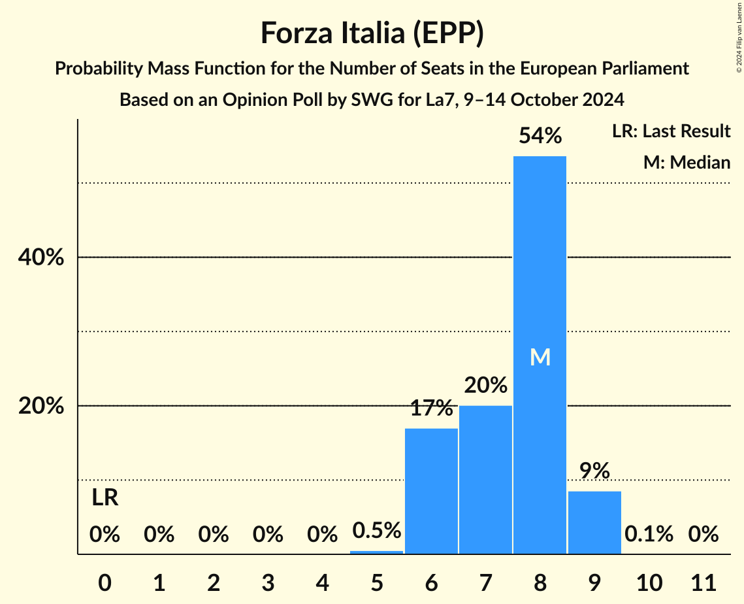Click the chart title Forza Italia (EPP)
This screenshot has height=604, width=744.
pos(372,33)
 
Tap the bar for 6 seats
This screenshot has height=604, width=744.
pos(431,491)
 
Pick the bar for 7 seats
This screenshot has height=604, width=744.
pos(485,480)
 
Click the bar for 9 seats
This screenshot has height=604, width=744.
pos(594,522)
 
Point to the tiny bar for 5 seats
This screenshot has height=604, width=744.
pos(377,552)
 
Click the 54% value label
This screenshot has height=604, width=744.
pos(540,136)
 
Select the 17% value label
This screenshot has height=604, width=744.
pos(431,409)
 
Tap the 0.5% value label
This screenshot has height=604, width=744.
pos(377,530)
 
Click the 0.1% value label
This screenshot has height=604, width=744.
pos(648,534)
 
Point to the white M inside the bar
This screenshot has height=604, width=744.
pos(540,357)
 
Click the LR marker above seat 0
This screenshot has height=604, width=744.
pos(105,498)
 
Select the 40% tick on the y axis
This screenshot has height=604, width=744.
pos(41,258)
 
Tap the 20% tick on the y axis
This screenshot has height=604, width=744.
pos(41,406)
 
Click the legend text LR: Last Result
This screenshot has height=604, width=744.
pos(671,131)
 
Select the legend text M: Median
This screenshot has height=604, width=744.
pos(687,162)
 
